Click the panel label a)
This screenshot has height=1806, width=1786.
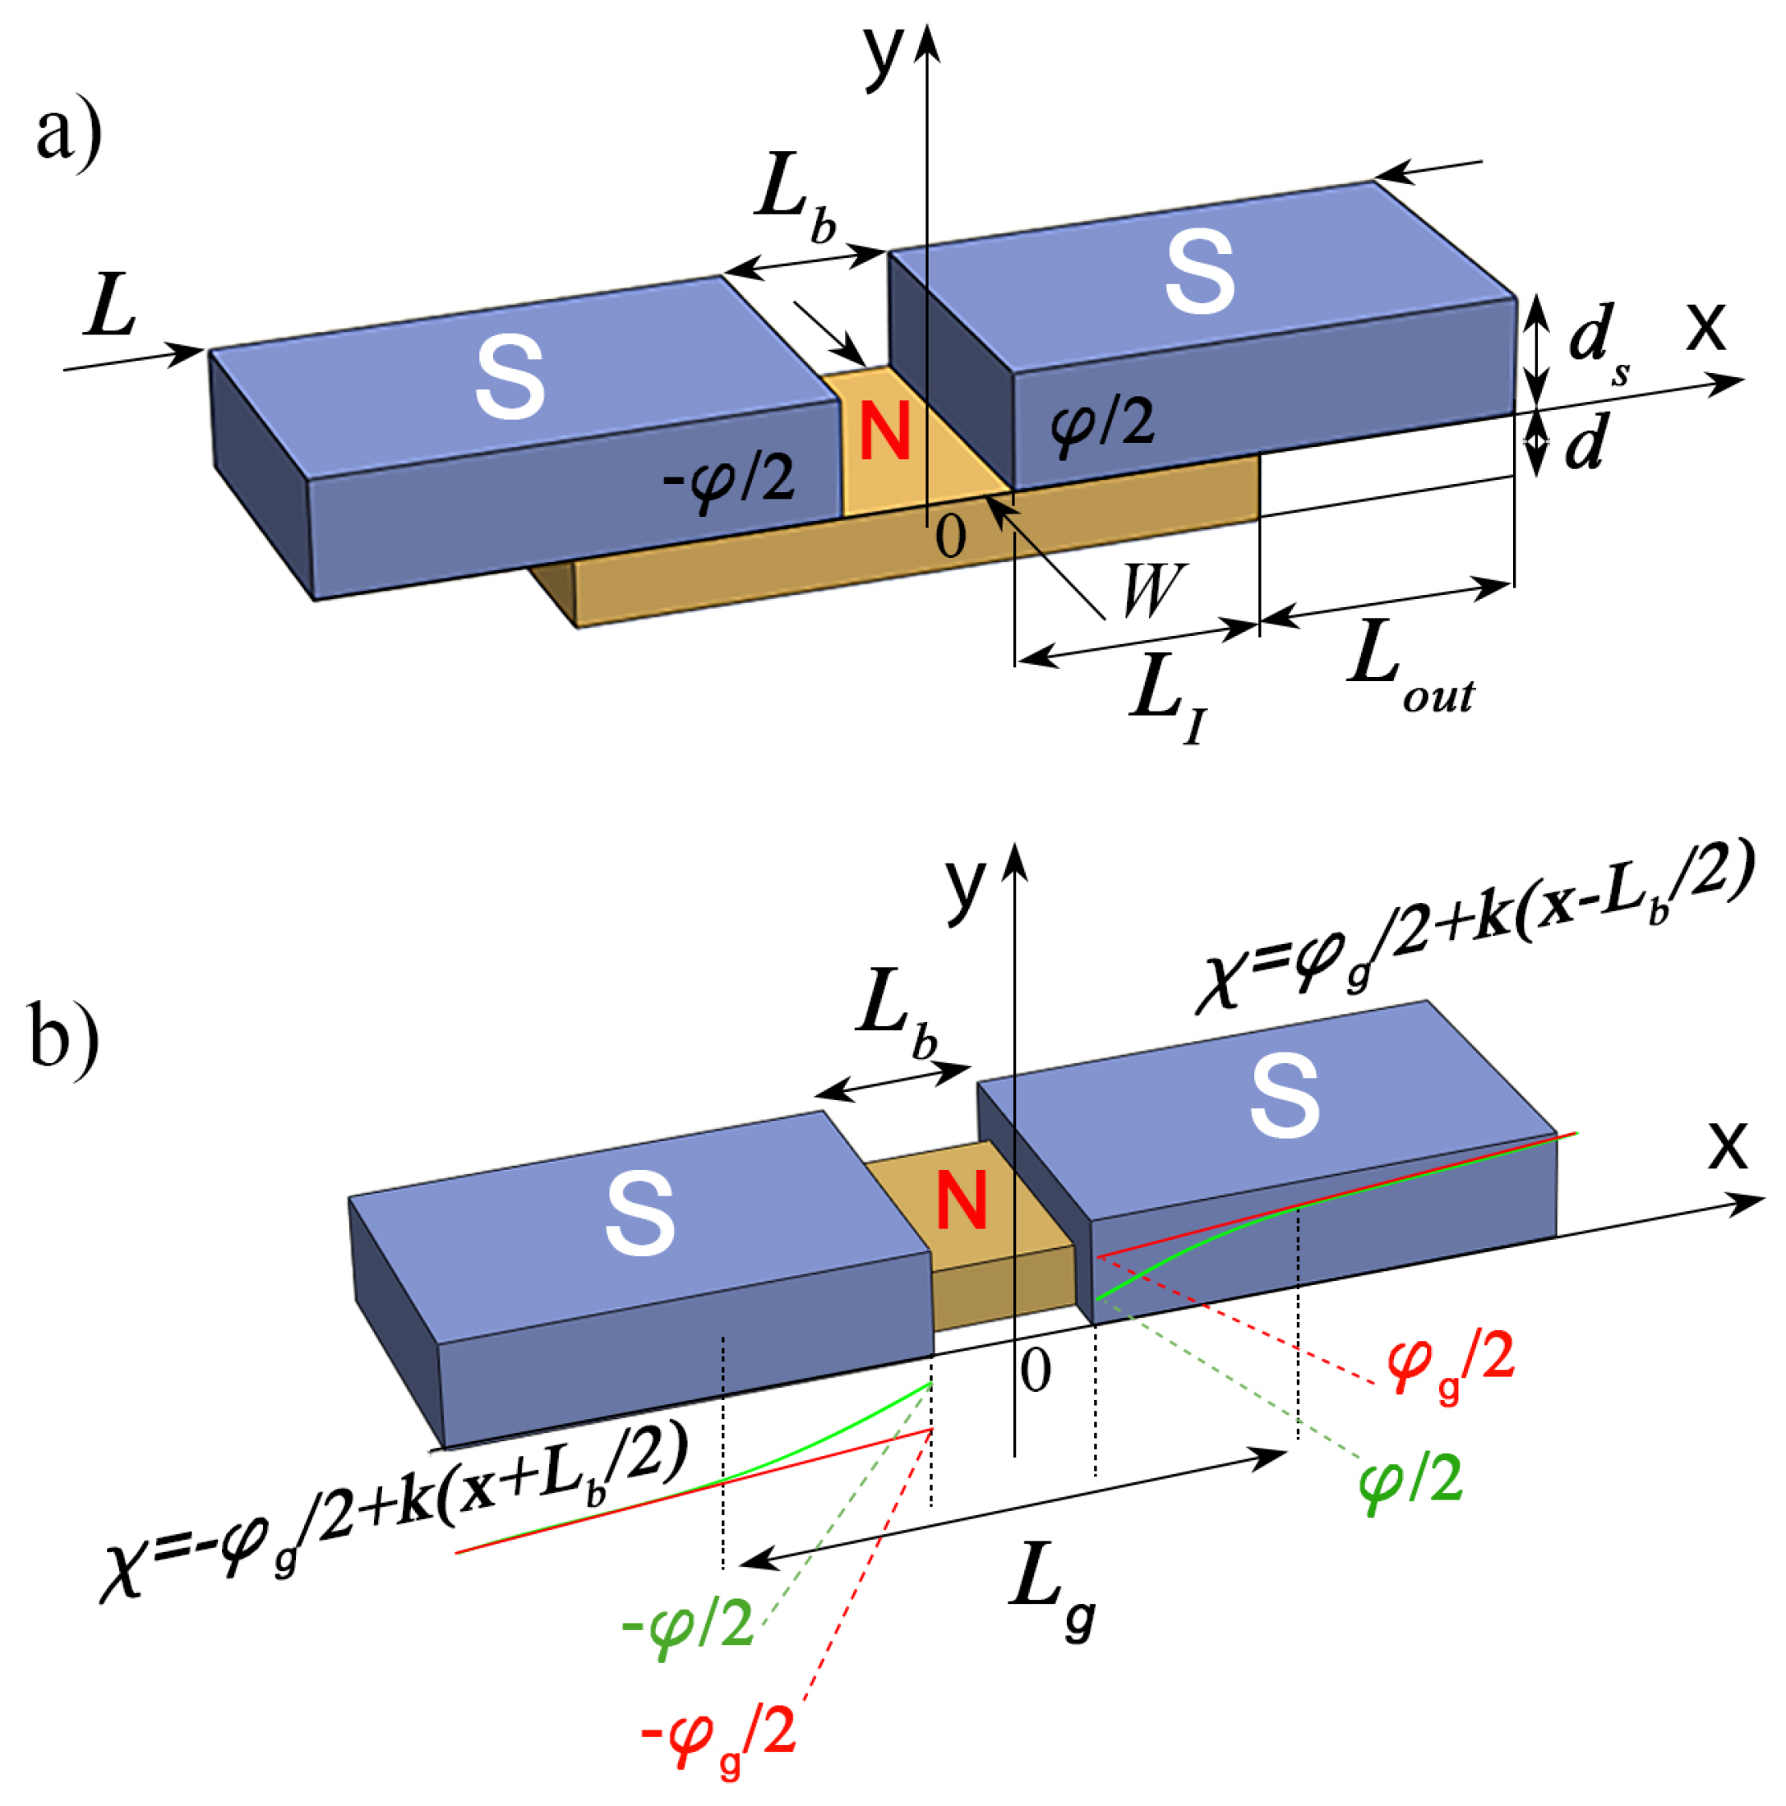tap(68, 137)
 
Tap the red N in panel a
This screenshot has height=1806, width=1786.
tap(884, 432)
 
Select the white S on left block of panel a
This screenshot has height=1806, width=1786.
tap(510, 379)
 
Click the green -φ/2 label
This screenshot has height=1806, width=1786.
tap(687, 1628)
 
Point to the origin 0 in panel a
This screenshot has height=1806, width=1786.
tap(950, 537)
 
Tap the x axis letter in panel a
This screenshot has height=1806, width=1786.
tap(1705, 325)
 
